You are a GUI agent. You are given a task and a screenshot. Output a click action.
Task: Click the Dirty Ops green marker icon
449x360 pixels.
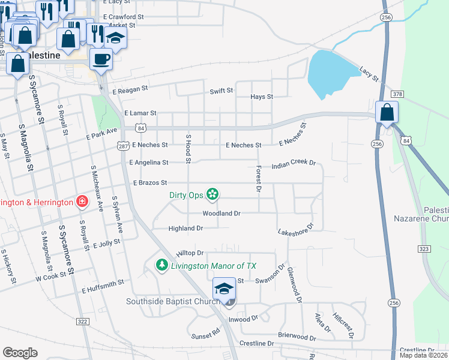(x=211, y=194)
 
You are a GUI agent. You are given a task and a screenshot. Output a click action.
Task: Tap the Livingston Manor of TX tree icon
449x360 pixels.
(x=161, y=265)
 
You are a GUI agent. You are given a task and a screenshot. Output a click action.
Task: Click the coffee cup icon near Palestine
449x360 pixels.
(x=101, y=59)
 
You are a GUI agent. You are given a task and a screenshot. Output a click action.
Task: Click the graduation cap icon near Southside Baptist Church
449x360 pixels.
(x=224, y=290)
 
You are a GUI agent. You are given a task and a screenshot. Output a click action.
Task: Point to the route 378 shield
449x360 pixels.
(x=396, y=94)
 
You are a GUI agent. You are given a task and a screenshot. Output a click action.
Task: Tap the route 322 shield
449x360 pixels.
(x=82, y=322)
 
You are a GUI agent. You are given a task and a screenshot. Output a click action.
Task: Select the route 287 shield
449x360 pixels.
(x=122, y=146)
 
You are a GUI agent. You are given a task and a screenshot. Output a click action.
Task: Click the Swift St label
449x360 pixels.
(x=221, y=91)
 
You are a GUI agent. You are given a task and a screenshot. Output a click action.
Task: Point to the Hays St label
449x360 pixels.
(x=261, y=97)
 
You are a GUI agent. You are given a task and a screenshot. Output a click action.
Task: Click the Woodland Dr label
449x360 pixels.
(x=221, y=213)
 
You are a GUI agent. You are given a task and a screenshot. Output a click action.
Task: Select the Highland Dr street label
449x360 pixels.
(x=185, y=229)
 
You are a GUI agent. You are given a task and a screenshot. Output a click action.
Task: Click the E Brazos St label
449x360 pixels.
(x=149, y=182)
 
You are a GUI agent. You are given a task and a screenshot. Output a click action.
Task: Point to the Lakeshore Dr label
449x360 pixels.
(x=296, y=229)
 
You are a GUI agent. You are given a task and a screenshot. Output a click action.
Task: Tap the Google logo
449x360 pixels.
(x=20, y=353)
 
